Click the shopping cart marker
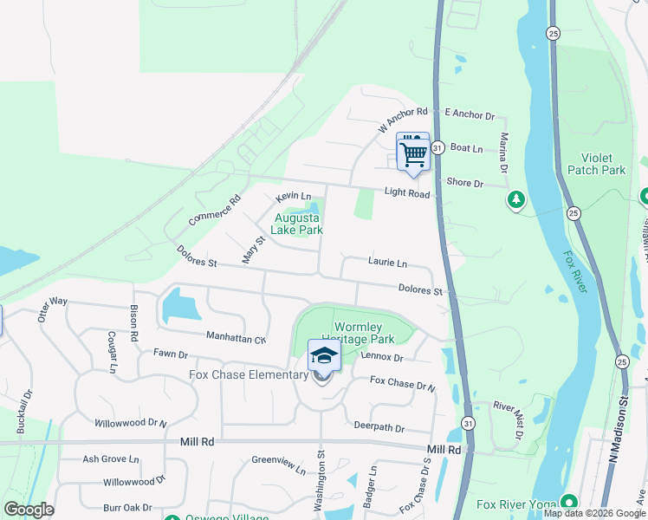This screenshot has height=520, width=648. [x=413, y=154]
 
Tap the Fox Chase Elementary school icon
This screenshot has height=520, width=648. [x=324, y=357]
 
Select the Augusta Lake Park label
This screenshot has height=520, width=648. [x=296, y=224]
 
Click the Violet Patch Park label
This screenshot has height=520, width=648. [x=596, y=164]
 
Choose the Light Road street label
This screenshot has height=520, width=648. [x=407, y=194]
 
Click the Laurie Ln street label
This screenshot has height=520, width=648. [x=387, y=262]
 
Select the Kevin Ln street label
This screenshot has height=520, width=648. [x=293, y=198]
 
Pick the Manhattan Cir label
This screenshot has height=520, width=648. [x=236, y=337]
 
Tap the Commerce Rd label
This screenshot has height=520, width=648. [x=214, y=211]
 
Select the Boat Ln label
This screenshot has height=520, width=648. [x=466, y=148]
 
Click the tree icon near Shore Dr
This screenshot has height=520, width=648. [x=516, y=200]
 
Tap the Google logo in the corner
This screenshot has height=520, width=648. [x=29, y=510]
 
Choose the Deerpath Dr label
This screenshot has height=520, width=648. [x=379, y=426]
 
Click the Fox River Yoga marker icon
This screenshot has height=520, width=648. [x=568, y=503]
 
